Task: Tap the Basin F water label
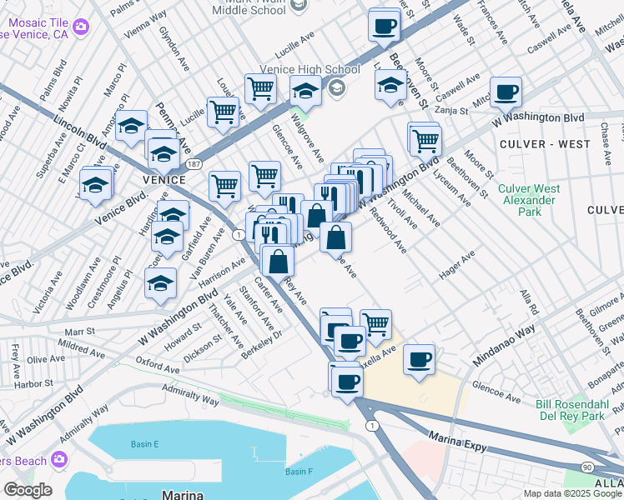point(298,472)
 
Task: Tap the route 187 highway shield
point(193,162)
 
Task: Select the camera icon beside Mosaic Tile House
point(81,27)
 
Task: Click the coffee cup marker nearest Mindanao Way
point(420,360)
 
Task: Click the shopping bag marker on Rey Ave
point(277,260)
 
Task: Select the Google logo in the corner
point(28,490)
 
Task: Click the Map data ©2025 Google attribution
point(571,493)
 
